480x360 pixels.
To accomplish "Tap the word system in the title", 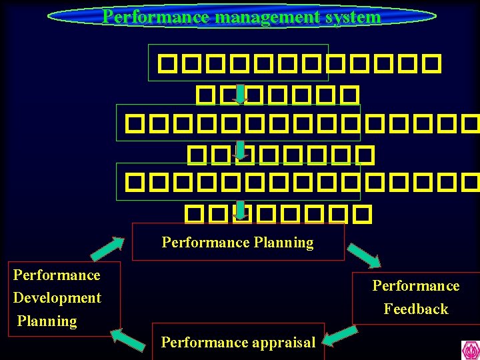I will click(357, 17).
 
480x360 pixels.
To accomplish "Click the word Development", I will click(57, 298).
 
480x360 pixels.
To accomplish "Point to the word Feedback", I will click(416, 309).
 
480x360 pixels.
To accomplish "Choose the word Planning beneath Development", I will click(47, 321).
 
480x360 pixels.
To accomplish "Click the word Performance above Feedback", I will click(416, 286).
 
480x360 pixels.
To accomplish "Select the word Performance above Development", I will click(57, 275).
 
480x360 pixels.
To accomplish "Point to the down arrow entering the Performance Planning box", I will click(240, 209).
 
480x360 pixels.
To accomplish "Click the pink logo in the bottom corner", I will click(470, 350).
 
